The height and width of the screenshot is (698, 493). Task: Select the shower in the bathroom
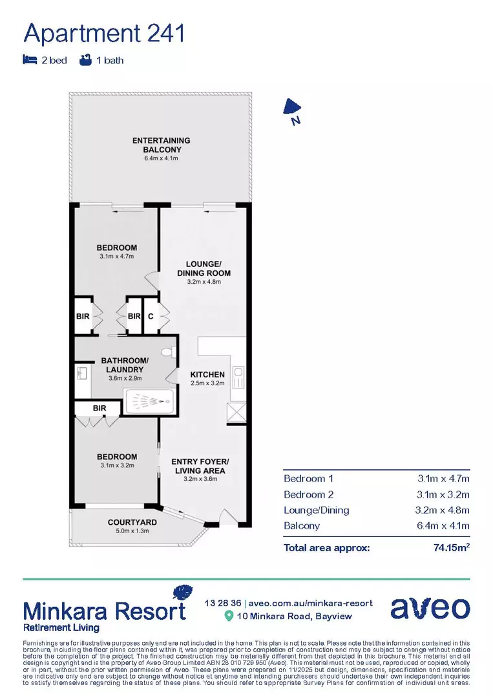[x=149, y=402]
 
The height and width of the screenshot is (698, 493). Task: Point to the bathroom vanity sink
[x=82, y=374]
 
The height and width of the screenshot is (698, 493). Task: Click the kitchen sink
[x=237, y=374]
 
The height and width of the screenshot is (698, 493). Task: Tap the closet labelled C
[x=151, y=316]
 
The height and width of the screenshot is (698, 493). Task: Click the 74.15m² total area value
[x=451, y=548]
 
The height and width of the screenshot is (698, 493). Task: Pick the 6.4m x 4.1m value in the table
[x=443, y=526]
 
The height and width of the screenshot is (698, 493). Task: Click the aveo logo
[x=430, y=608]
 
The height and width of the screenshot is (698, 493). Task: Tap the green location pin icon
[x=228, y=616]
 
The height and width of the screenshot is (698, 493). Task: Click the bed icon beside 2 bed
[x=29, y=61]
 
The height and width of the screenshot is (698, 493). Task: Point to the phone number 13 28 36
[x=222, y=603]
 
